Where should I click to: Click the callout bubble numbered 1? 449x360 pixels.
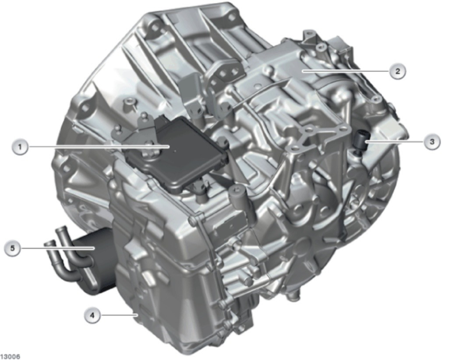coord(20,147)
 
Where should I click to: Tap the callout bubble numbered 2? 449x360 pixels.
coord(397,71)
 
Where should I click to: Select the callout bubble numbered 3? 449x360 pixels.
coord(432,141)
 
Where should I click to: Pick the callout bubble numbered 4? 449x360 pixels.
coord(92,315)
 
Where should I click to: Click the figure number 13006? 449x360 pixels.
coord(10,357)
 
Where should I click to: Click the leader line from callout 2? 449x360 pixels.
coord(347,71)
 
